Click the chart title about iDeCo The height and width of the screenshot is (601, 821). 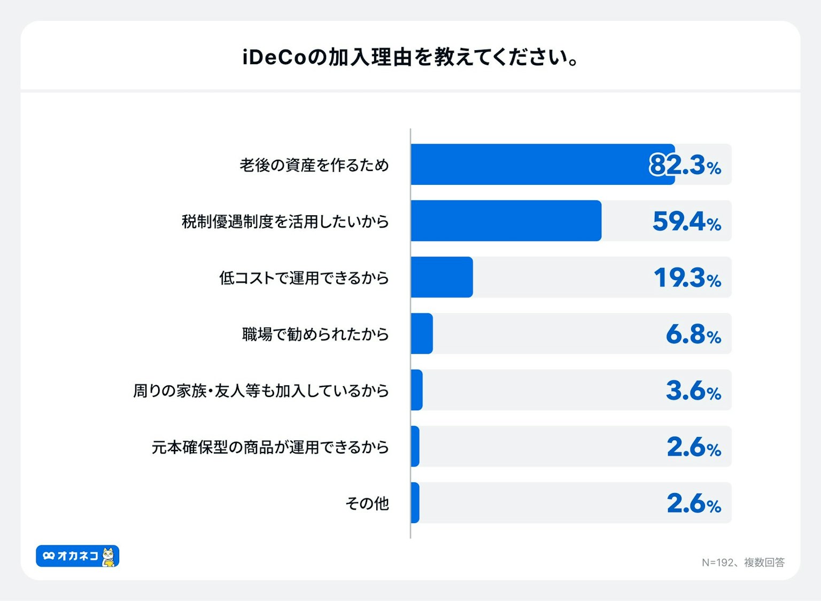[410, 57]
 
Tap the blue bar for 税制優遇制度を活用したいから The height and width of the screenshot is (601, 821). [506, 221]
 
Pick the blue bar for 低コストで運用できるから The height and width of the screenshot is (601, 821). [442, 277]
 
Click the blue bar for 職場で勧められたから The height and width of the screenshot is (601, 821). [422, 333]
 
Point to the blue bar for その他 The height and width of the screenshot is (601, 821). [415, 503]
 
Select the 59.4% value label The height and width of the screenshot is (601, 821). [686, 221]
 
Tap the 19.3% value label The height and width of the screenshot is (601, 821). [687, 278]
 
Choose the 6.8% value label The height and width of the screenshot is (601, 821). [693, 334]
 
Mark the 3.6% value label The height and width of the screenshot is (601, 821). [693, 391]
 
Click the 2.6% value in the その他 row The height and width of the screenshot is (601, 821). [694, 503]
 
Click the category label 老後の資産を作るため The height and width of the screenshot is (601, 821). [314, 165]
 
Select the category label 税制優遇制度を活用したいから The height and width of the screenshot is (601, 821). [285, 221]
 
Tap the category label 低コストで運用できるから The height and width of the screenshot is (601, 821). [304, 278]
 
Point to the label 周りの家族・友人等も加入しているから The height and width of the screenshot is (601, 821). [261, 391]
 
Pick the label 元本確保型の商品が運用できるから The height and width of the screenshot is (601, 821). [270, 447]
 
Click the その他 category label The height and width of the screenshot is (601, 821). [367, 503]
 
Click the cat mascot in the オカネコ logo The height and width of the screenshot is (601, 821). [109, 557]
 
